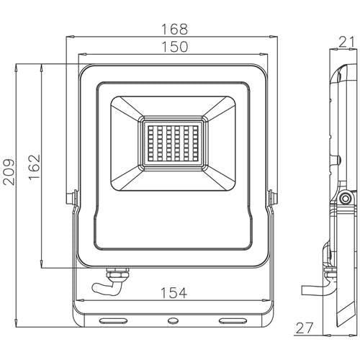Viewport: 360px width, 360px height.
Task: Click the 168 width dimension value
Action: pyautogui.click(x=174, y=30)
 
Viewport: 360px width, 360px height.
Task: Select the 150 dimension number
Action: pyautogui.click(x=174, y=47)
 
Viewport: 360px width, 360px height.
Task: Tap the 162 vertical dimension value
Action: pyautogui.click(x=32, y=167)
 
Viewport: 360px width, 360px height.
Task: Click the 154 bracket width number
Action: pyautogui.click(x=173, y=293)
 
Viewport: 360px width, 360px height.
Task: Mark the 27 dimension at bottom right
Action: pyautogui.click(x=305, y=328)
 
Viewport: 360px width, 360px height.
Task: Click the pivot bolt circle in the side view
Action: pyautogui.click(x=345, y=198)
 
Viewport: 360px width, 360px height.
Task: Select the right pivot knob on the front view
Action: pyautogui.click(x=273, y=197)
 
